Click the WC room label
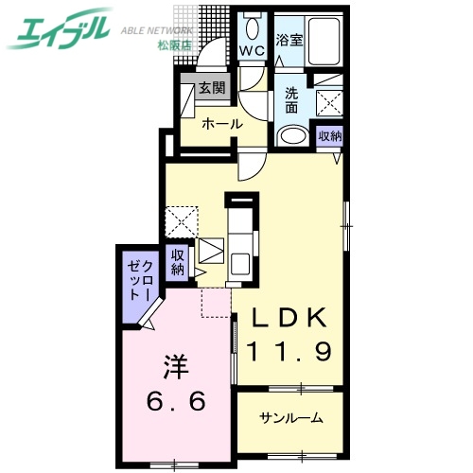pos(253,49)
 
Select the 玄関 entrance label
pos(211,91)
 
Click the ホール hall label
pos(222,123)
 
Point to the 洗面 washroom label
pos(292,101)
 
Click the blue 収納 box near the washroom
pos(328,136)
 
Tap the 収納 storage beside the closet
pos(177,262)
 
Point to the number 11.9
pos(289,352)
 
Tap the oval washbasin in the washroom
pos(292,136)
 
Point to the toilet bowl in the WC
pos(253,24)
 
